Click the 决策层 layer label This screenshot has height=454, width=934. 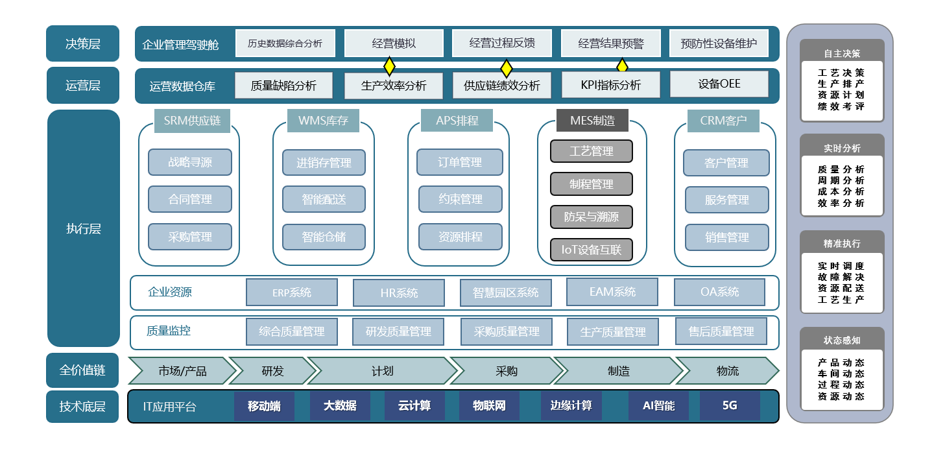click(x=83, y=43)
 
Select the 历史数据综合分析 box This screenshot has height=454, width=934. click(x=285, y=43)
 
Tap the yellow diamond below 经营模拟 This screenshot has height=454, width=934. click(x=389, y=66)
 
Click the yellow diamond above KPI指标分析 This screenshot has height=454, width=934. click(x=622, y=66)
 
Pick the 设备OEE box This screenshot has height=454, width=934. click(x=719, y=84)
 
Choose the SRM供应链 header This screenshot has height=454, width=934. click(x=192, y=121)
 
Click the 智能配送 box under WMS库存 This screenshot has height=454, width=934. click(x=324, y=200)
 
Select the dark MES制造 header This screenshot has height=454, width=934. click(x=592, y=121)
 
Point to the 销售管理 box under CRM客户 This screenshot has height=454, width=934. click(x=726, y=237)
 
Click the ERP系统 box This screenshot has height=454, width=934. click(x=292, y=293)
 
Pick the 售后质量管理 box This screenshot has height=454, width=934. click(x=721, y=331)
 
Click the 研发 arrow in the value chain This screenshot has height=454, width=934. click(x=272, y=371)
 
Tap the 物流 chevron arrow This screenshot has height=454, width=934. click(x=727, y=371)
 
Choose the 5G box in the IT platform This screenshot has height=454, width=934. click(x=730, y=406)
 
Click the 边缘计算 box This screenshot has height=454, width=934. click(x=571, y=406)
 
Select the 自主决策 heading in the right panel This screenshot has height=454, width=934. click(x=842, y=54)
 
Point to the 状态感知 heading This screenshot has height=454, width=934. click(x=842, y=340)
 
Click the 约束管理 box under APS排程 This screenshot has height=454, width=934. click(x=460, y=200)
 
